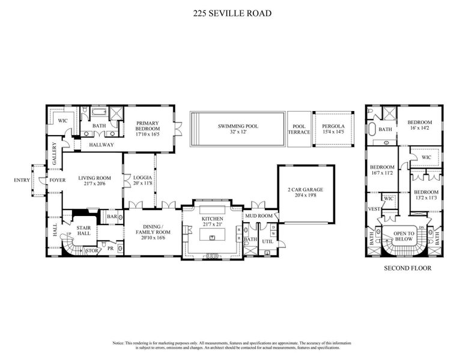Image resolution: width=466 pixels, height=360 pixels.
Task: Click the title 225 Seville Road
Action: (x=233, y=12)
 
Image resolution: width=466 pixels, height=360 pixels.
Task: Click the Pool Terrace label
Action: (x=298, y=130)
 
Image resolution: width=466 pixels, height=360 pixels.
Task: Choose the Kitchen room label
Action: (x=212, y=219)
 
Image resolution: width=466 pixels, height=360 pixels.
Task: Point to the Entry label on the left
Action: (x=22, y=180)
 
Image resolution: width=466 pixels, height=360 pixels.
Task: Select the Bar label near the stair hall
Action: (x=112, y=217)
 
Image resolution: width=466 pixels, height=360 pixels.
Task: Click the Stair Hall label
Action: (x=83, y=230)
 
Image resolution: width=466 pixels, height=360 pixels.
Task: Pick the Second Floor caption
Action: (x=407, y=268)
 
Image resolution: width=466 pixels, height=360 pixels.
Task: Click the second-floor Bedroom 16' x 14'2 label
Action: (x=420, y=125)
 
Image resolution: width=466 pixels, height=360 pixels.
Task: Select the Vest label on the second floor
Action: (x=374, y=209)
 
